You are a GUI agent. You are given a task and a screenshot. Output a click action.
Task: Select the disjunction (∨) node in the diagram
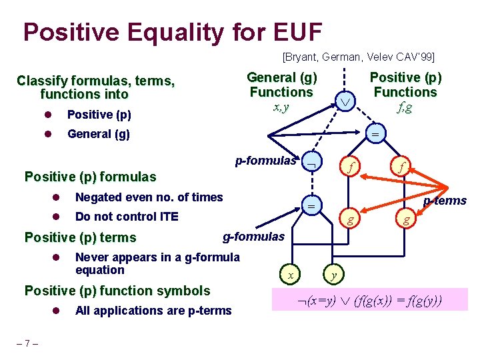tap(345, 101)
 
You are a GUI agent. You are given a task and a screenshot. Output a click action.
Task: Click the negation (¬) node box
tap(310, 162)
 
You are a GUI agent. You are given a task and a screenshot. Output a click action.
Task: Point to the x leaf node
tap(290, 274)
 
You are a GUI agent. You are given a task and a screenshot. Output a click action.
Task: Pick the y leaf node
tap(332, 274)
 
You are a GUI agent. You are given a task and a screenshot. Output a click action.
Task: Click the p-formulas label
tap(265, 161)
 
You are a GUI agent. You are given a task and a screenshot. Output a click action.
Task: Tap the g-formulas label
tap(253, 236)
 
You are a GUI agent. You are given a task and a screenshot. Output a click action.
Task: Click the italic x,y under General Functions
tap(281, 107)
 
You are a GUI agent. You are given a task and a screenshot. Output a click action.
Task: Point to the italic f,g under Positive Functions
tap(405, 107)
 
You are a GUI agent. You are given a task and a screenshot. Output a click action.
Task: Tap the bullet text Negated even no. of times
tap(149, 197)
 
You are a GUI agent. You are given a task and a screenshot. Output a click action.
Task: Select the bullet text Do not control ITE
tap(127, 217)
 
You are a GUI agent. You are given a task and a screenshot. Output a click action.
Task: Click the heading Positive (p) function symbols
tap(117, 290)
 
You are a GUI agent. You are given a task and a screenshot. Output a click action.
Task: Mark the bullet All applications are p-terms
tap(153, 310)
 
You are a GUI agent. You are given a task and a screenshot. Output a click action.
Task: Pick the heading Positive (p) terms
tap(80, 237)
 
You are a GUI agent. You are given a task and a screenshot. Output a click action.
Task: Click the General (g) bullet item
tap(99, 134)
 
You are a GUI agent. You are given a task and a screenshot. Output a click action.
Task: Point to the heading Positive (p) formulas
tap(90, 177)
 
